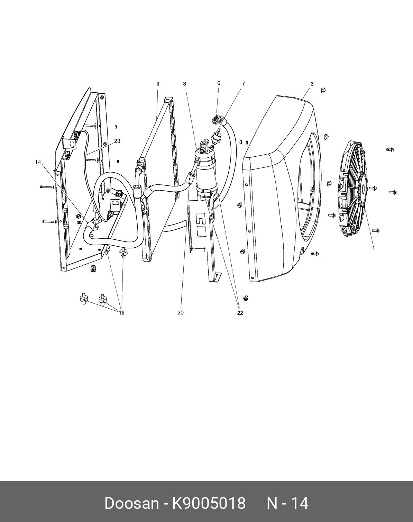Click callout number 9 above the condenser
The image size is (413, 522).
coord(158,84)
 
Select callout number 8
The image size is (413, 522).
coord(185,84)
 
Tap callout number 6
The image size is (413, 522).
coord(219,83)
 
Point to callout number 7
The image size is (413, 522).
coord(243,84)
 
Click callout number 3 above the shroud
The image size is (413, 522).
coord(312,84)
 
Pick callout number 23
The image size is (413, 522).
coord(117,141)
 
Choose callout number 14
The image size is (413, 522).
coord(38,162)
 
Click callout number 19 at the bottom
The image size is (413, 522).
coord(121,313)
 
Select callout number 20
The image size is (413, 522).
coord(180,313)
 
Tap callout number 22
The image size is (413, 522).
coord(240,313)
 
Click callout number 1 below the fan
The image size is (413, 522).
coord(374,248)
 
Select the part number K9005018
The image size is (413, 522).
coord(209,503)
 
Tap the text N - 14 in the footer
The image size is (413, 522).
coord(287,503)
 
